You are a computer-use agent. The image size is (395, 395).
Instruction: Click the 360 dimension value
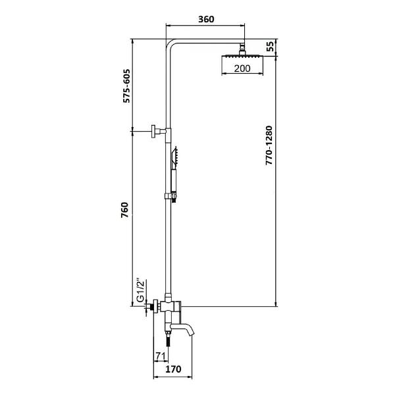click(206, 19)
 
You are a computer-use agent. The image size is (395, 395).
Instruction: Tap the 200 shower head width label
click(242, 68)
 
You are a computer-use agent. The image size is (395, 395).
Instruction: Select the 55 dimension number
click(270, 46)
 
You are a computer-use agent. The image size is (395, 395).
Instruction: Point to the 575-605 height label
click(126, 86)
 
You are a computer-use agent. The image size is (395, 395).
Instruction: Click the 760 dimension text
click(124, 210)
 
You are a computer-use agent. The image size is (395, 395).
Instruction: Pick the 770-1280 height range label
click(269, 145)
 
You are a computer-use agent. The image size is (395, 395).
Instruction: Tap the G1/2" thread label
click(141, 290)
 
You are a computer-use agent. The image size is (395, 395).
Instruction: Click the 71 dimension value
click(161, 356)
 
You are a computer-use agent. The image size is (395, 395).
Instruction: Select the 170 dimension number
click(173, 369)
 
